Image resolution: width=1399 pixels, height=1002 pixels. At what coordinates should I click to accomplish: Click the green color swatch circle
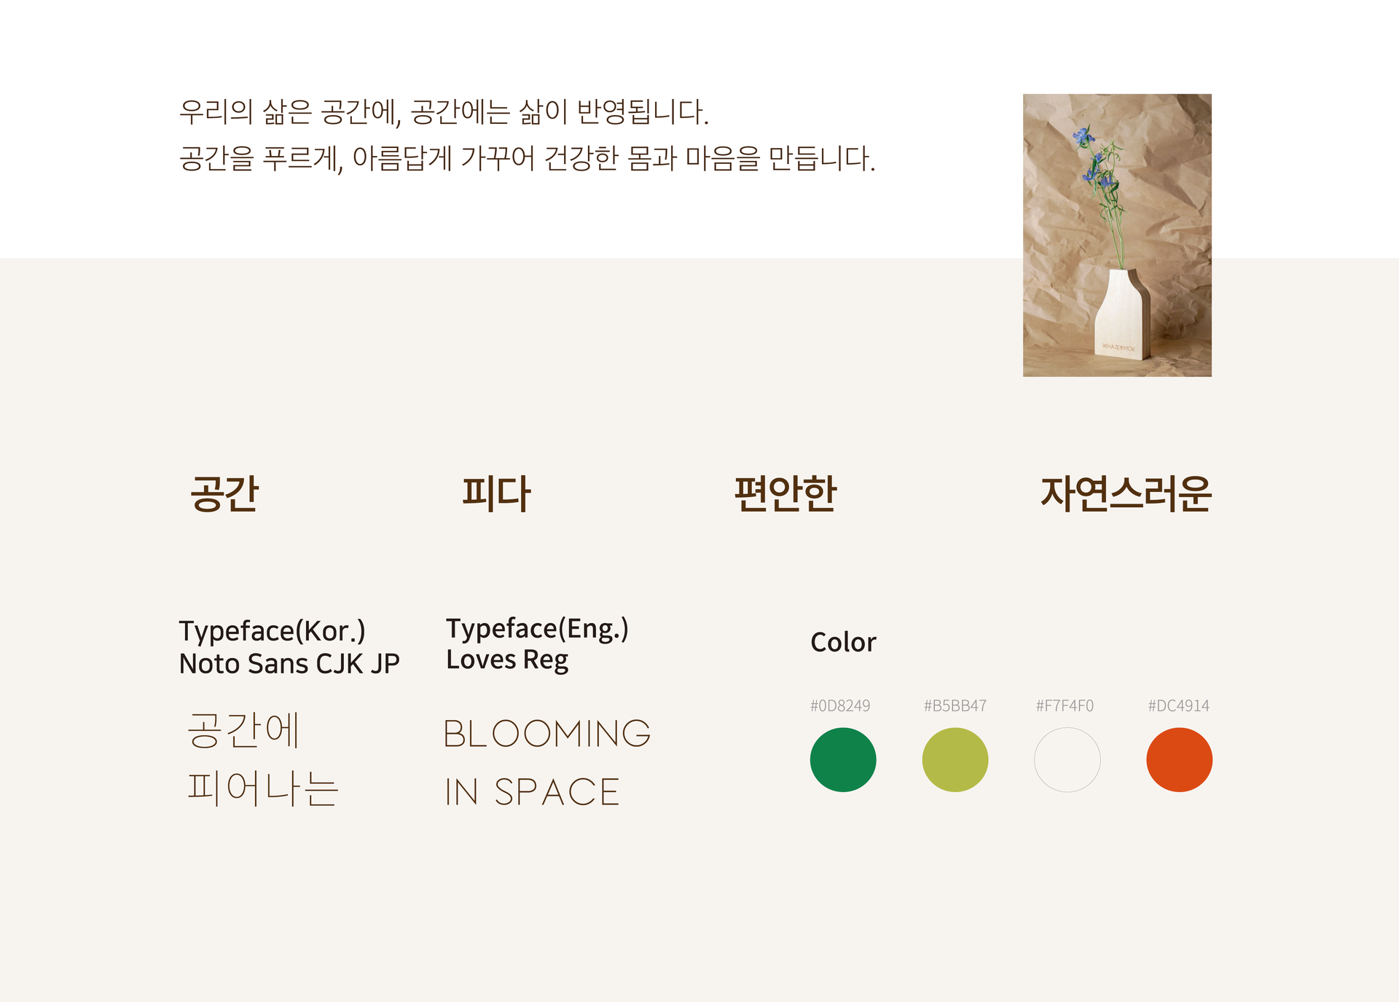click(843, 759)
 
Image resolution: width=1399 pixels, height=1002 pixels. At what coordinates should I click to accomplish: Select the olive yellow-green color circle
click(955, 759)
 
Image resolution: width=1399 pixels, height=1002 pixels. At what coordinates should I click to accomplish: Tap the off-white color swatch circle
click(1067, 759)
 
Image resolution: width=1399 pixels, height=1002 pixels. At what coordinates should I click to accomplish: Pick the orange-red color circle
click(1180, 759)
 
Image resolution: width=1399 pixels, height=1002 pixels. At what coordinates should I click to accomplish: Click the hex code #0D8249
click(840, 705)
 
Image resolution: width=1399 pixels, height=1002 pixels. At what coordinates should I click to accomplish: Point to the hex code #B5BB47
click(955, 705)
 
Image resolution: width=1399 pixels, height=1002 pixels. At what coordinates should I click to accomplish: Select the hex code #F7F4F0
click(1065, 705)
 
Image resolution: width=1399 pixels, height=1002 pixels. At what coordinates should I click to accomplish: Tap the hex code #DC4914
click(1178, 705)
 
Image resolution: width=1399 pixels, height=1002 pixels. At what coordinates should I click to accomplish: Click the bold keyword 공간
click(224, 493)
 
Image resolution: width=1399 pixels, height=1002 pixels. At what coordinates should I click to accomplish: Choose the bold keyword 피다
click(496, 493)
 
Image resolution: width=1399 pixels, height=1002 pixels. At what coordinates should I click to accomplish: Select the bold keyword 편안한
click(785, 493)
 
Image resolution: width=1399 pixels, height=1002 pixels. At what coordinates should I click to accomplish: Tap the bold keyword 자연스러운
click(1126, 493)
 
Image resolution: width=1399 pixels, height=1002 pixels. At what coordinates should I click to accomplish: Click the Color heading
click(843, 642)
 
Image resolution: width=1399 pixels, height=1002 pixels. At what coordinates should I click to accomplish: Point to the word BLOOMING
click(547, 733)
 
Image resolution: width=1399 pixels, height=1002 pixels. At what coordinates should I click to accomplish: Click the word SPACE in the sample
click(557, 792)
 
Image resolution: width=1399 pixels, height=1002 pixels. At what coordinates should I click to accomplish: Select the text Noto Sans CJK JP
click(289, 664)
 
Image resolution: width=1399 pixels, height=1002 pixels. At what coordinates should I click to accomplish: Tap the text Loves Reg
click(507, 660)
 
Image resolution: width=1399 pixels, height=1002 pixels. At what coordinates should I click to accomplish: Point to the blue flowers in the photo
click(1093, 157)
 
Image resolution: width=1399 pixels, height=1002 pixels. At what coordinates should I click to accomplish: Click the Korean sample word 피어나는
click(263, 788)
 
